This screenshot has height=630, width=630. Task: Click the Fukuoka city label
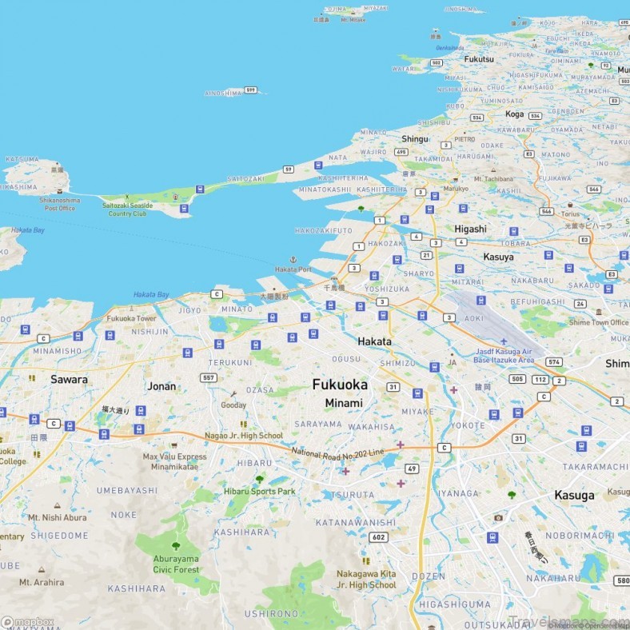click(340, 385)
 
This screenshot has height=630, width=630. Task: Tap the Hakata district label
click(374, 341)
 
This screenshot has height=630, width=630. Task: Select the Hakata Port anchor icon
click(293, 260)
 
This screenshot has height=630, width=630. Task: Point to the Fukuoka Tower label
click(132, 318)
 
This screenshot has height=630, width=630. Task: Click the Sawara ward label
click(69, 379)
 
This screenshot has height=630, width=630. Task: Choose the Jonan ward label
click(161, 386)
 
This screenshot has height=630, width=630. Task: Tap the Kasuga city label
click(574, 495)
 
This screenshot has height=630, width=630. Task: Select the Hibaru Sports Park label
click(259, 491)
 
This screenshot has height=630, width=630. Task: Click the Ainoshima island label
click(223, 93)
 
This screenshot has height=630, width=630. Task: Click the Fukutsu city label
click(478, 58)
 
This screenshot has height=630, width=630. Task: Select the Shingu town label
click(415, 138)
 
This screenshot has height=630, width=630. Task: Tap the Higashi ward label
click(470, 229)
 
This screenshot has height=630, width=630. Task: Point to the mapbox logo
click(28, 622)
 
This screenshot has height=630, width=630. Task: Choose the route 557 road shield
click(209, 377)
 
